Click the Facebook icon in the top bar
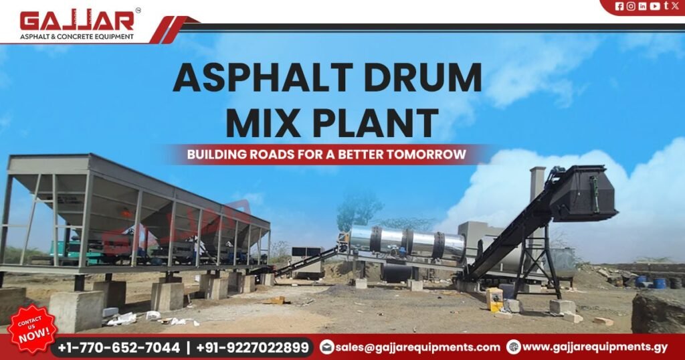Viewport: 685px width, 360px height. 619,6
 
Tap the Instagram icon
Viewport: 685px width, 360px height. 630,6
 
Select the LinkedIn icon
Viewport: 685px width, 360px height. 642,6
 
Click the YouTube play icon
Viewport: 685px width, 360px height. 654,6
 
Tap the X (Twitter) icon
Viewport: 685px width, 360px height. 674,6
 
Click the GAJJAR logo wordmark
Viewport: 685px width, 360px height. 77,21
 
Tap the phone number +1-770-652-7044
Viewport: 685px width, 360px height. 119,347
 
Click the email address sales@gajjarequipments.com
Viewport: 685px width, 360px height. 418,347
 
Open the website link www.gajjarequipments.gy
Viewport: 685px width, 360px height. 595,347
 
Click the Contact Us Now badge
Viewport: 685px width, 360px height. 31,329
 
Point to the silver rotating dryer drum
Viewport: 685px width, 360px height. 408,242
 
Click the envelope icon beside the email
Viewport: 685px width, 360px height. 326,347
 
